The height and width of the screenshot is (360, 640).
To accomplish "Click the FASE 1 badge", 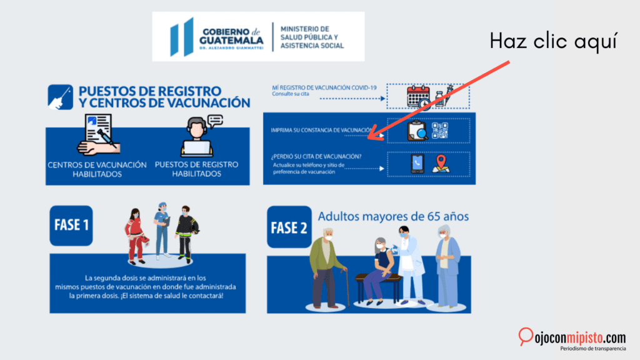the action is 71,225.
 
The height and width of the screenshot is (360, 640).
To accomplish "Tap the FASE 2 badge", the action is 289,227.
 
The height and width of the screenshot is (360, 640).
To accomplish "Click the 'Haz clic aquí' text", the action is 553,41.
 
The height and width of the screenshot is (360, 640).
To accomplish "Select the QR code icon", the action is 440,131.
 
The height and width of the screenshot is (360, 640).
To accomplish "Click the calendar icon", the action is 418,97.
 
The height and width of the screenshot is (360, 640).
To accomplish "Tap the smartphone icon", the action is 417,164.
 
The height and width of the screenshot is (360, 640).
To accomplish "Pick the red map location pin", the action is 441,163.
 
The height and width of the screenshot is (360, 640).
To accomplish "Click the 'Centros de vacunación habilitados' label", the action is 97,169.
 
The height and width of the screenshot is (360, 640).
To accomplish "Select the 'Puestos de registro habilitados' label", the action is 196,169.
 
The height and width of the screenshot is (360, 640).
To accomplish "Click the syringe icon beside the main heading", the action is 61,97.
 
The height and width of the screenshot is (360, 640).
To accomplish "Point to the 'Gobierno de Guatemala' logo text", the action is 231,38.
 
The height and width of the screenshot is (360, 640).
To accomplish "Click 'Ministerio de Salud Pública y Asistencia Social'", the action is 312,37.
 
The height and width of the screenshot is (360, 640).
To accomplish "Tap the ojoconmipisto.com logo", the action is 572,339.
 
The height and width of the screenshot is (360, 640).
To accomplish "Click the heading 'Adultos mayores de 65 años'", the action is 393,216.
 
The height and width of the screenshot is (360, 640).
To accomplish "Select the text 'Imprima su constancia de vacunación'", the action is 322,130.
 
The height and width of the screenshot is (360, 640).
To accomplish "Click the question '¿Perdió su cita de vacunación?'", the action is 316,156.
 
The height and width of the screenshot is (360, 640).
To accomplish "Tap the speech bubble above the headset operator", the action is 215,121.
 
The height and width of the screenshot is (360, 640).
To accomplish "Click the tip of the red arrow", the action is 368,138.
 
